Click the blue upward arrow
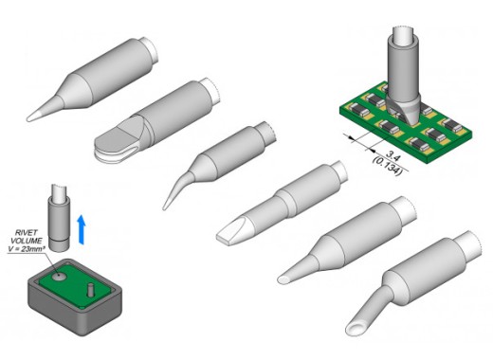coord(82,229)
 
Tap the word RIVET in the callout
coord(27,233)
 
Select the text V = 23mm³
coord(27,249)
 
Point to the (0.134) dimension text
coord(388,166)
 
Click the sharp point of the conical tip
coord(28,119)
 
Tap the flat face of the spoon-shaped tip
coord(116,139)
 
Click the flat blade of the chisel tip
coord(228,233)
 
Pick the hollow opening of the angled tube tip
coord(355,329)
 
